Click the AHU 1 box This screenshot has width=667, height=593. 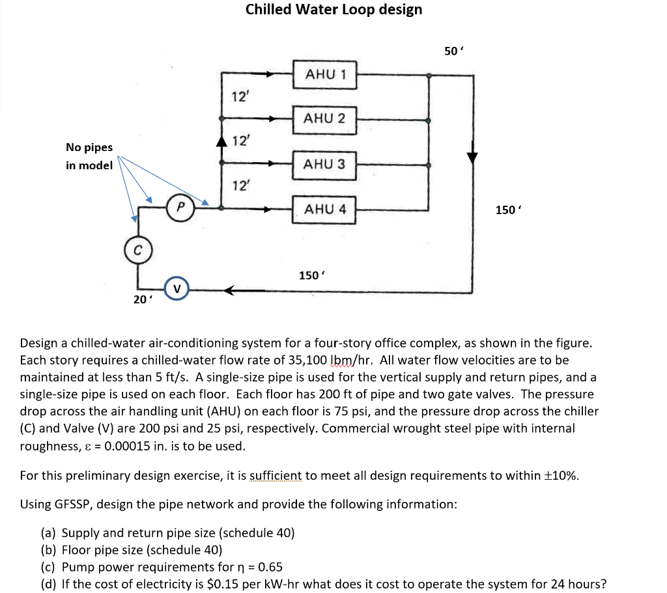324,74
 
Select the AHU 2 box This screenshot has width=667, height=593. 324,119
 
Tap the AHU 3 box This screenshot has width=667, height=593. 324,164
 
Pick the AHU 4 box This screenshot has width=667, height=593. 324,210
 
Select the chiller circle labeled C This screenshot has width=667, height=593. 137,251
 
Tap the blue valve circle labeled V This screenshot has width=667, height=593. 177,289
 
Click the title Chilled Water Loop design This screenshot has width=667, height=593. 333,10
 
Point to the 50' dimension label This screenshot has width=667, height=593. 453,51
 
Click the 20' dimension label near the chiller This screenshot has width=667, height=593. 140,299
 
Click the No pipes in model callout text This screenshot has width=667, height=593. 89,156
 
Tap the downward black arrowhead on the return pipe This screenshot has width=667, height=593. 472,158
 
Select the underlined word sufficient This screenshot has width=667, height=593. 275,475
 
